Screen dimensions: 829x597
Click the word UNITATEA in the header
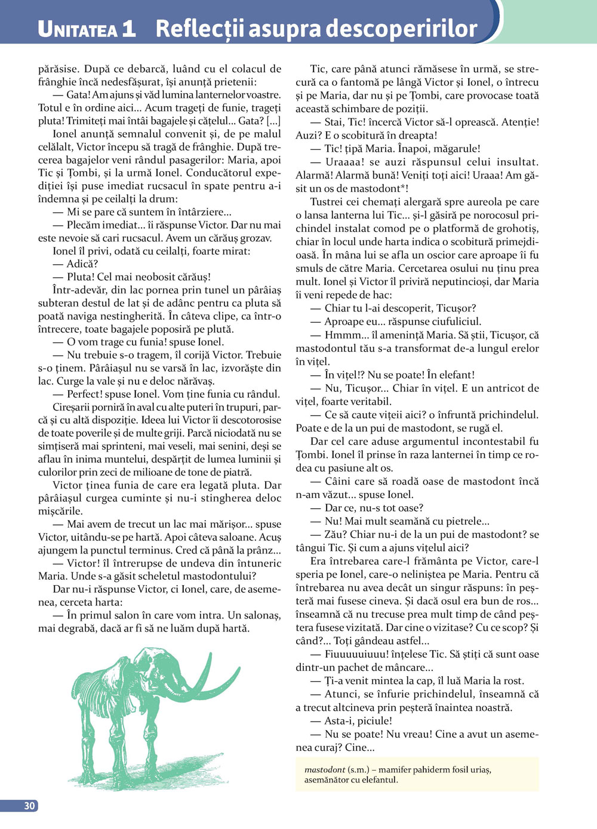[78, 29]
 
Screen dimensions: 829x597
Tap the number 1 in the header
[128, 29]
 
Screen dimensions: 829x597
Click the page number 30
[29, 806]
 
